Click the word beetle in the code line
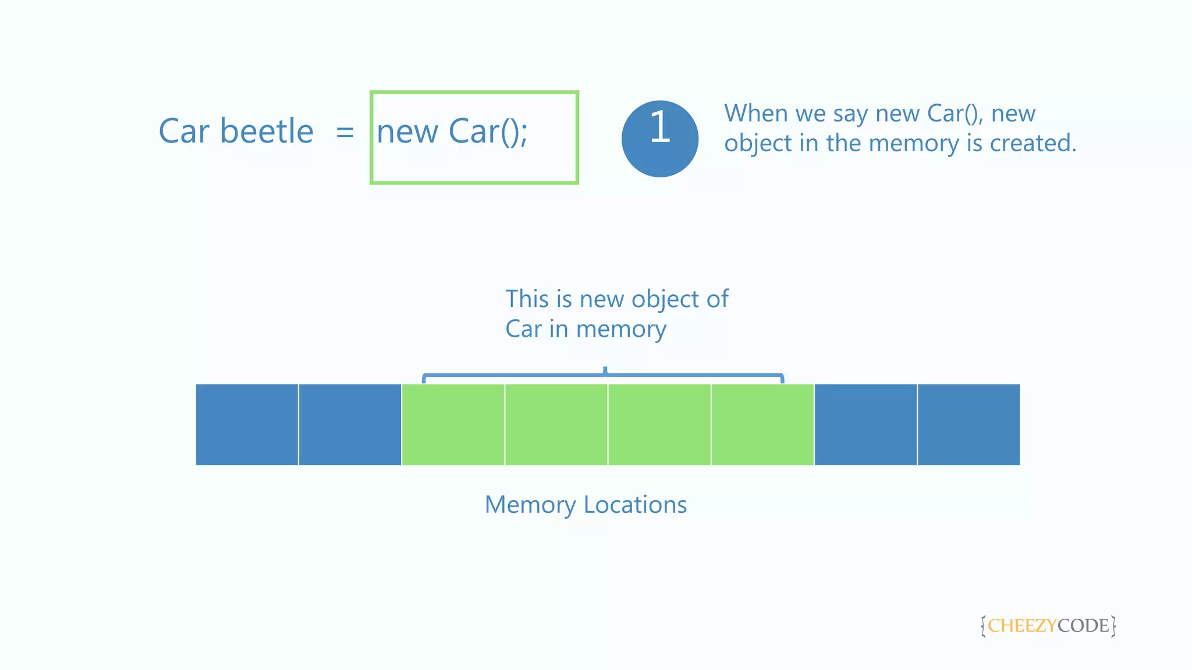point(267,131)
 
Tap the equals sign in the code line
point(345,133)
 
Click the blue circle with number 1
point(659,138)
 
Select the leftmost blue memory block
point(247,425)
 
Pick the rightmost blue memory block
point(968,425)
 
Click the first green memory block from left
point(453,425)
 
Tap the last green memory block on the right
point(762,425)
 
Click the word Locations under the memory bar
point(635,505)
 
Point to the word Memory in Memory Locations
point(530,505)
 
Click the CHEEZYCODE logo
point(1048,626)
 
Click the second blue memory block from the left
point(350,425)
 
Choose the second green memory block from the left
point(556,425)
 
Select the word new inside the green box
point(407,133)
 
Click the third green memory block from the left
point(659,425)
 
